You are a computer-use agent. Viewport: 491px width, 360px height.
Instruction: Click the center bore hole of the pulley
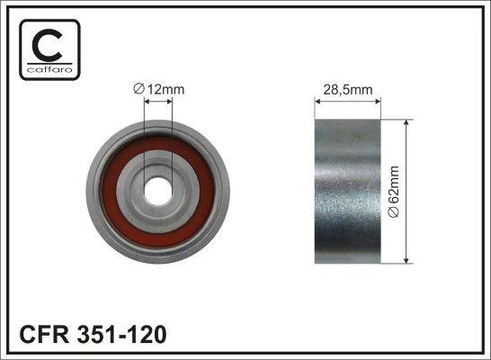[158, 191]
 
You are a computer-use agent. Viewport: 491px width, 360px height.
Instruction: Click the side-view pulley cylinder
[348, 191]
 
